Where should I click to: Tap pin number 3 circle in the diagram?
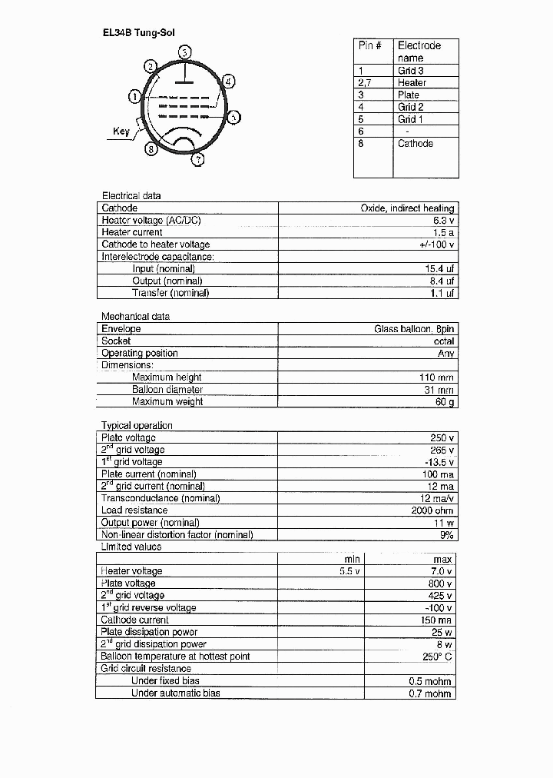point(185,52)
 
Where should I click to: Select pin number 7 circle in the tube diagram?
point(197,160)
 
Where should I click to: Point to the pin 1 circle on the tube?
point(134,97)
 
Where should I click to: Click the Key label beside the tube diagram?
point(121,131)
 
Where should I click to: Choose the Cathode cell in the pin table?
point(415,144)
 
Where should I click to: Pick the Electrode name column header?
point(419,52)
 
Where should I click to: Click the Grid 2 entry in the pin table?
point(410,107)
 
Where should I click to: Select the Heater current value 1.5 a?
point(444,232)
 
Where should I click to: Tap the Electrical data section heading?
point(131,196)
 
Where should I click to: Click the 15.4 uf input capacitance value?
point(439,269)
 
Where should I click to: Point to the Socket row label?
point(116,341)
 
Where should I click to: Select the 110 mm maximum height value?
point(439,377)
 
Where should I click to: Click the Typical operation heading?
point(137,425)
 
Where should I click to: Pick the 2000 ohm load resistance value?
point(433,510)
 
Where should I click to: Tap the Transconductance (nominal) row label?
point(161,498)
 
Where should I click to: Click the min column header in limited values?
point(352,559)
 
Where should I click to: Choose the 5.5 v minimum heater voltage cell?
point(349,571)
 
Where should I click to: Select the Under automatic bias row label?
point(175,693)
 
